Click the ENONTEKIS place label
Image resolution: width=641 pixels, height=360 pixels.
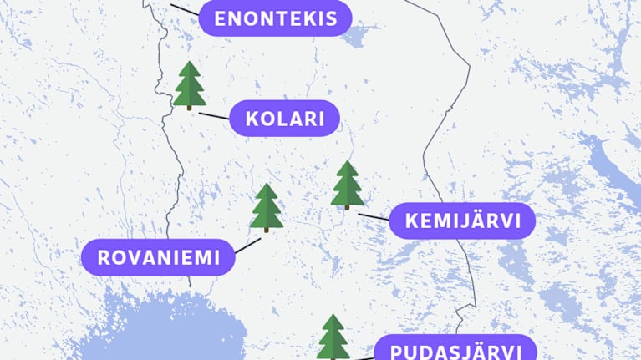click(275, 18)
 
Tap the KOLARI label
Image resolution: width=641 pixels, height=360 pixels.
click(284, 119)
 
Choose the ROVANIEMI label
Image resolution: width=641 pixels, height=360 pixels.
click(158, 257)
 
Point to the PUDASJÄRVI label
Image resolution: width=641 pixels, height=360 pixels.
click(454, 350)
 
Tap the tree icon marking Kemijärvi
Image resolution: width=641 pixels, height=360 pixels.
click(347, 185)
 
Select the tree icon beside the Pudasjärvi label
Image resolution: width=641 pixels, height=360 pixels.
click(333, 337)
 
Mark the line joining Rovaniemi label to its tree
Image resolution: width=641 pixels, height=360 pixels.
click(248, 245)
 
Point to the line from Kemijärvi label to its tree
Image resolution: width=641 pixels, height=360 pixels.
click(374, 217)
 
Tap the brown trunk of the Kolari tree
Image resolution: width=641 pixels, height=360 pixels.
click(190, 107)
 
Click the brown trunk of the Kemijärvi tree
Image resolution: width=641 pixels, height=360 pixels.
click(347, 205)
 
